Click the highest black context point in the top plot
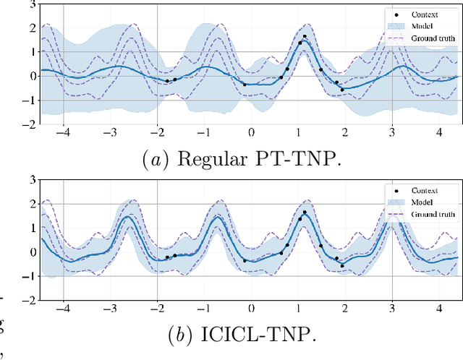click(x=305, y=36)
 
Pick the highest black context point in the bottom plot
click(x=305, y=213)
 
